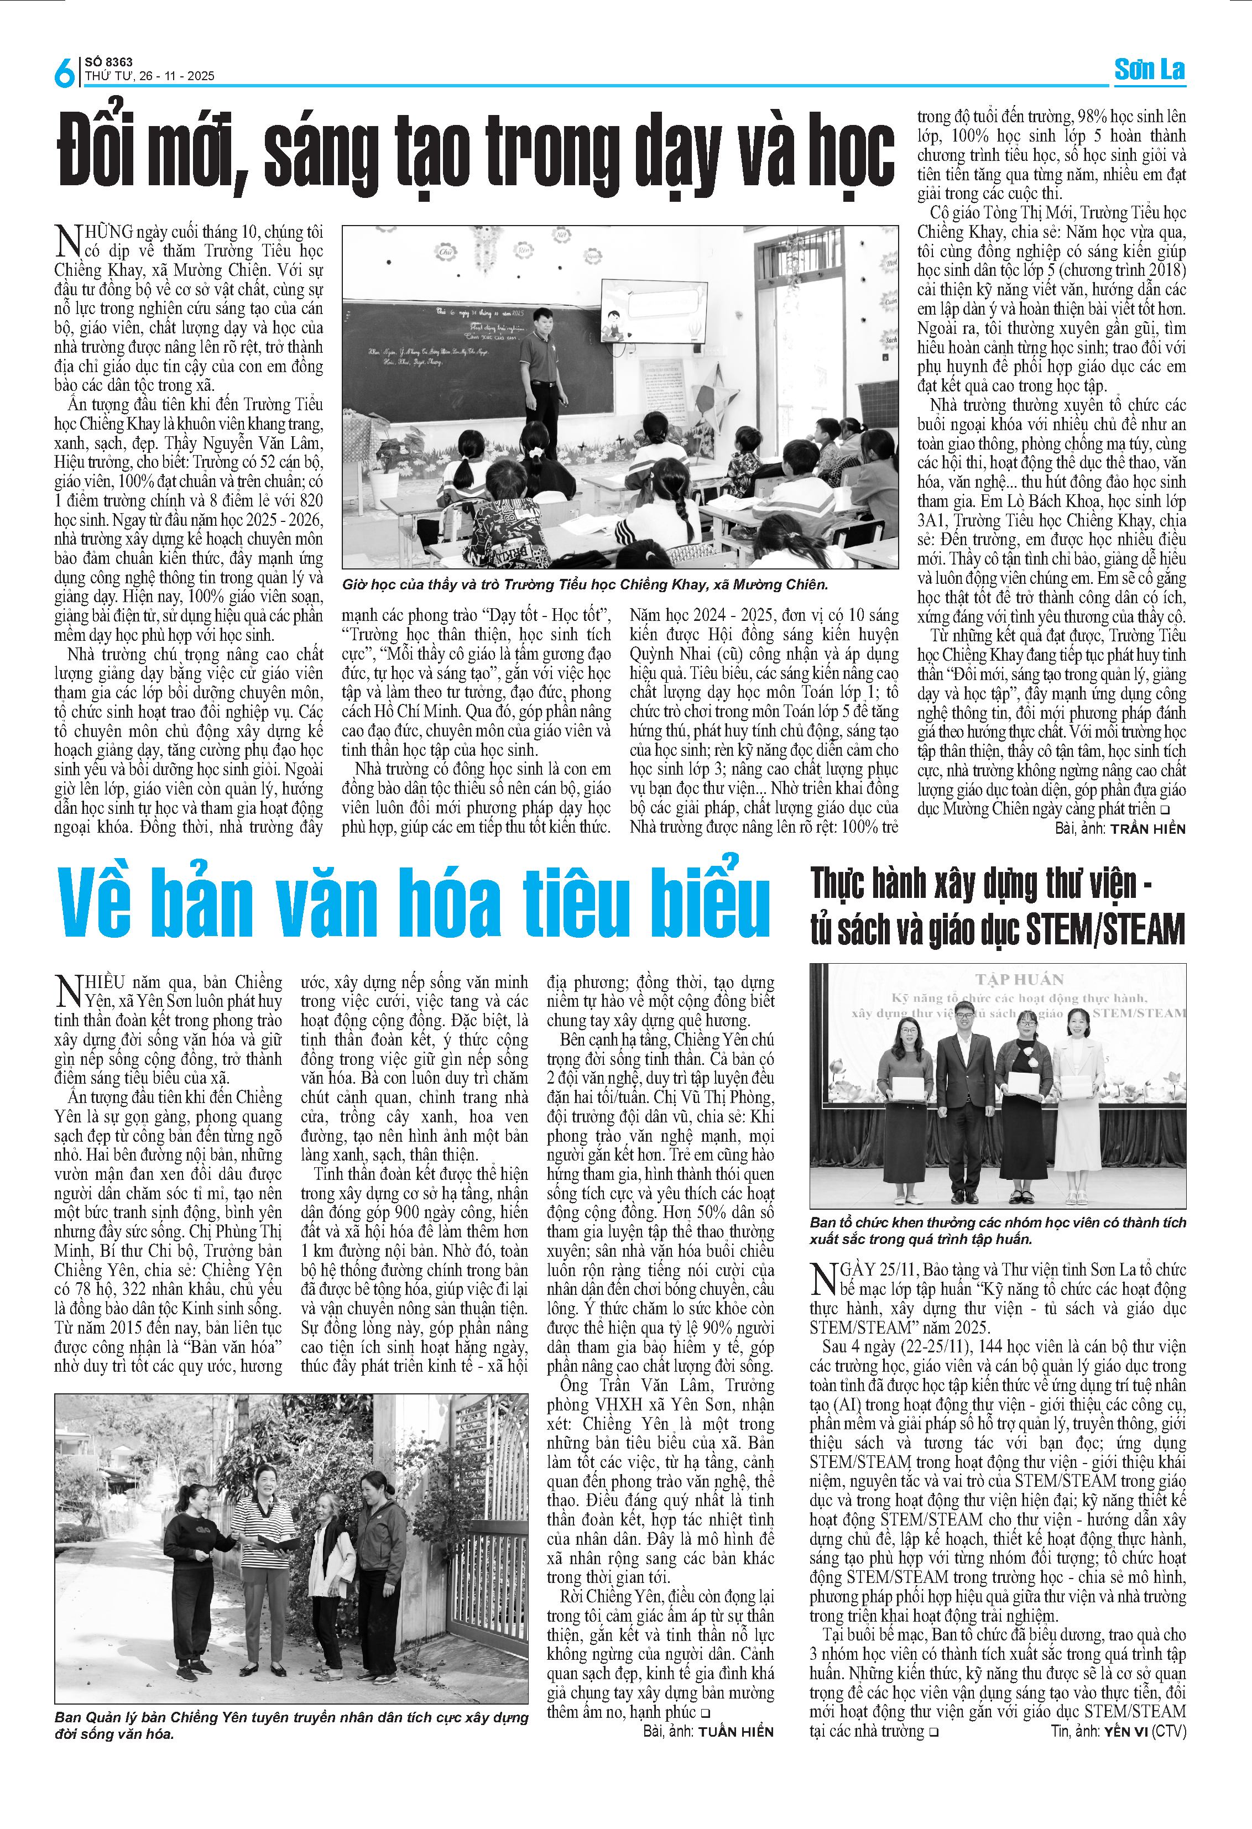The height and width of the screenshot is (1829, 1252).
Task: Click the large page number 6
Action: (x=64, y=72)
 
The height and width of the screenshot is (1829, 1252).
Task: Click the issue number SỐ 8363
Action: (x=108, y=61)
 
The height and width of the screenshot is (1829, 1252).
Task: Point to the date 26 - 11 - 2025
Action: (x=177, y=76)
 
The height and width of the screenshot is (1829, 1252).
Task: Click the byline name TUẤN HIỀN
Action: (x=736, y=1731)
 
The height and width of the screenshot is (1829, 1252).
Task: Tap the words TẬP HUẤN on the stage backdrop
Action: (x=1020, y=980)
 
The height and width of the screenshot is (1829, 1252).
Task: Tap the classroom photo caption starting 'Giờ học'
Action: (x=585, y=585)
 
